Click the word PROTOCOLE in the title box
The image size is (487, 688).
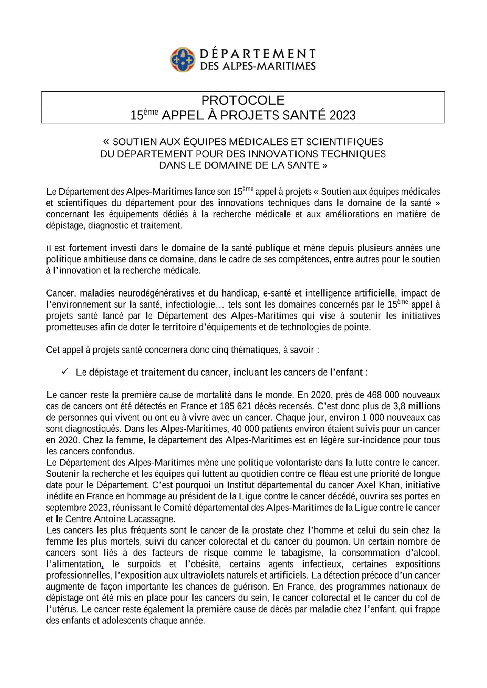(x=243, y=100)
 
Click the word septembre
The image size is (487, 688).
(x=66, y=508)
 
